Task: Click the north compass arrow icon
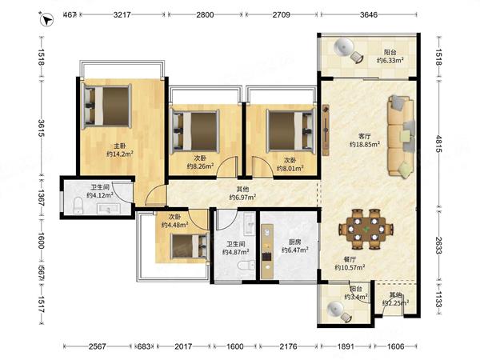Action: [x=46, y=20]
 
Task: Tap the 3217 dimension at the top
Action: [x=122, y=14]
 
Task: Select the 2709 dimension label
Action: [x=282, y=14]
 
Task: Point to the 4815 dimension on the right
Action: [x=438, y=143]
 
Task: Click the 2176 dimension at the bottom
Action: [x=288, y=346]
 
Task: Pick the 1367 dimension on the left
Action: [x=42, y=198]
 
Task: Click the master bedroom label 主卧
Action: [x=120, y=146]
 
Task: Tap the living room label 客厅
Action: [x=364, y=136]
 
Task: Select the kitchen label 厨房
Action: [x=294, y=242]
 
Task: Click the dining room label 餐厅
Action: [x=350, y=259]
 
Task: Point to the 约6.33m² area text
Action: [x=390, y=60]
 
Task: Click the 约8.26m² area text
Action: [x=200, y=166]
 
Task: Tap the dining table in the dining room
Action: [x=366, y=229]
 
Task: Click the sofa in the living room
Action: [x=401, y=136]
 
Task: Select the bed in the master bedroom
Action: [x=107, y=106]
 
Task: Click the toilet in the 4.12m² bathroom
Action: [x=78, y=206]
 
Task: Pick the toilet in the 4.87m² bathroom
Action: [x=246, y=265]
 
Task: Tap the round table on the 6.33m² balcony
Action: [x=343, y=47]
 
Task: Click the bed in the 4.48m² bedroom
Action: [x=190, y=246]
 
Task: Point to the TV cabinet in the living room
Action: [x=326, y=130]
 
